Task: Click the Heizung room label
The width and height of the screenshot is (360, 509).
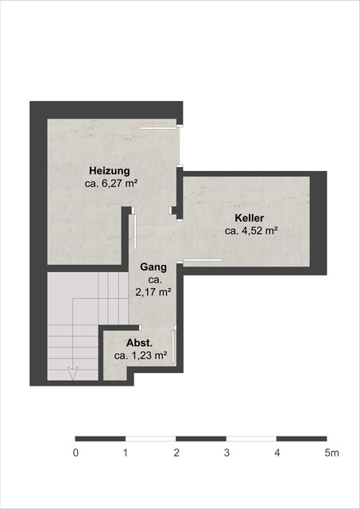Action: point(110,171)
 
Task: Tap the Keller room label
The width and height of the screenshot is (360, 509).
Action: point(249,218)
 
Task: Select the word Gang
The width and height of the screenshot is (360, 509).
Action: point(153,267)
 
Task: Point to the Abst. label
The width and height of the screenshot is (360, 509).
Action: point(140,344)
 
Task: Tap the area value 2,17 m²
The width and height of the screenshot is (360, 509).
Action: point(153,292)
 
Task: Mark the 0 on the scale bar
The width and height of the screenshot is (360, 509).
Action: point(75,453)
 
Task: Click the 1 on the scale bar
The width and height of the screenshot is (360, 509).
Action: point(126,453)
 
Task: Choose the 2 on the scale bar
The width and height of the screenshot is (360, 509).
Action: point(176,453)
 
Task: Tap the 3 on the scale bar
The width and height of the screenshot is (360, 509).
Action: point(226,453)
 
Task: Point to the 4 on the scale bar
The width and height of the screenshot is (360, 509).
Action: point(277,453)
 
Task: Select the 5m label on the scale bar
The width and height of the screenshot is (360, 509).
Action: point(331,453)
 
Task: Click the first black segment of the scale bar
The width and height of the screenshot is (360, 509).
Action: point(100,438)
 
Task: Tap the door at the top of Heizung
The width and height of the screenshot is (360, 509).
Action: point(157,127)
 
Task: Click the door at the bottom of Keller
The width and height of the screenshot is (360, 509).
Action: point(203,260)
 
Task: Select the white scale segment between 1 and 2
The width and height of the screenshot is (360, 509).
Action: point(151,438)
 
